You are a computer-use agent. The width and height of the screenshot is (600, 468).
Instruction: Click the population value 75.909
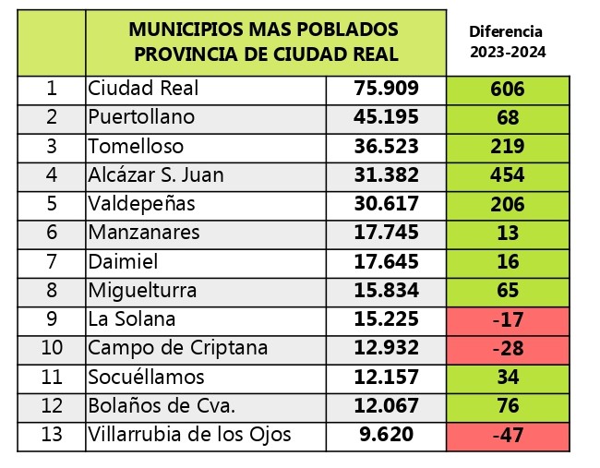point(386,89)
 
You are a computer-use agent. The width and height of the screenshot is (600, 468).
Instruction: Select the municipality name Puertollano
point(141,117)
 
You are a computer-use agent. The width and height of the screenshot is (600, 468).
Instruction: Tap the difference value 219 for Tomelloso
point(508,147)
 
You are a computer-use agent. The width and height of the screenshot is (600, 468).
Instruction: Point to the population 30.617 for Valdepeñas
point(386,204)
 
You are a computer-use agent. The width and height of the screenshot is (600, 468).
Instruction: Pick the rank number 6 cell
point(52,233)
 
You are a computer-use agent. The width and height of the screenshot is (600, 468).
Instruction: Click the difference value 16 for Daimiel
point(508,262)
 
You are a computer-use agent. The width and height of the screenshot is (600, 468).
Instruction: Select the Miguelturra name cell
point(142,291)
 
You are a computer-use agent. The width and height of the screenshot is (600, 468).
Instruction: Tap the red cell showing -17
point(508,319)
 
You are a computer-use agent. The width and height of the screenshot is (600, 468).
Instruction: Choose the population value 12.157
point(386,377)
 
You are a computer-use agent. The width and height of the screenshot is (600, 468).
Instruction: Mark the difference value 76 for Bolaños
point(508,406)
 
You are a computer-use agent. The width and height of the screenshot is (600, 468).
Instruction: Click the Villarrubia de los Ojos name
point(189,435)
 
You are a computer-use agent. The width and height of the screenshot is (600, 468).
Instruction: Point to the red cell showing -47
point(508,435)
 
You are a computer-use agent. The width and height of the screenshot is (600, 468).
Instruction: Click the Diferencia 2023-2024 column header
point(507,42)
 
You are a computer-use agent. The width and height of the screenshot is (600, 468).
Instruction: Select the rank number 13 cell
point(52,435)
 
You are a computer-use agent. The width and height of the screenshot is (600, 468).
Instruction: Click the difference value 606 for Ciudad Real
point(508,89)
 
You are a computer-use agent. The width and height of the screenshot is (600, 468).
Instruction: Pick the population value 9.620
point(386,435)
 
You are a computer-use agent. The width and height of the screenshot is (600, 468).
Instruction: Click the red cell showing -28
point(508,348)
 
